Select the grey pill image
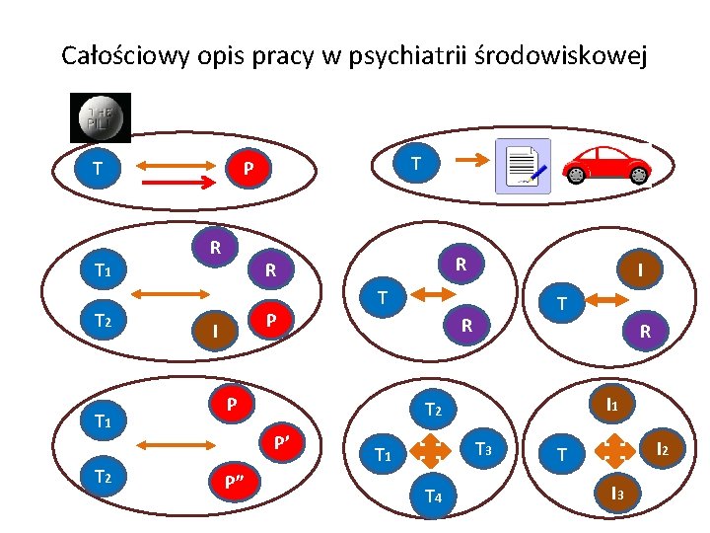click(x=100, y=117)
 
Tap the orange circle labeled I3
click(x=615, y=493)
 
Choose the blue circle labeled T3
click(x=483, y=449)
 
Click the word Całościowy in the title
click(x=118, y=56)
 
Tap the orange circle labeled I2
click(x=662, y=450)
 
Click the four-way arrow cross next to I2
click(x=615, y=450)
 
